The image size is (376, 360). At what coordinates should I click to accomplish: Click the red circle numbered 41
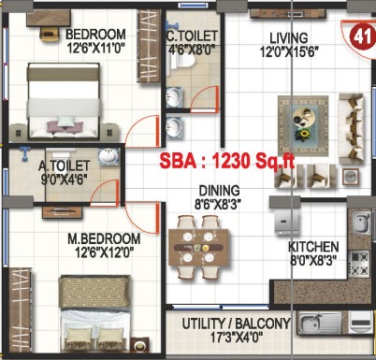(x=362, y=36)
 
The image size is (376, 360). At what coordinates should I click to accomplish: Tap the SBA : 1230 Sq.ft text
(x=227, y=161)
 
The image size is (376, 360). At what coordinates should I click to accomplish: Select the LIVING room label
(x=289, y=38)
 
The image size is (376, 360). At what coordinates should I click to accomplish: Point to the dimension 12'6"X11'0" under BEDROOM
(x=96, y=48)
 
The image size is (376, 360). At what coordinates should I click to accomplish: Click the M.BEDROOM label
(x=104, y=238)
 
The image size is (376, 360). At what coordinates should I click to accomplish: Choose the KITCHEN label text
(x=313, y=247)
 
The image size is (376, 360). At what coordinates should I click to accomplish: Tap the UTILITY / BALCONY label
(x=236, y=324)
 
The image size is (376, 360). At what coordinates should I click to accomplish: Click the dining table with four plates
(x=198, y=248)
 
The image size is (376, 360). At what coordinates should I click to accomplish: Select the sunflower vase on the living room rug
(x=302, y=135)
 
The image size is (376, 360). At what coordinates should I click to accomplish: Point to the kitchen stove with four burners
(x=360, y=264)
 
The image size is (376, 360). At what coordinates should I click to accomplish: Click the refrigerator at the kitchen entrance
(x=287, y=222)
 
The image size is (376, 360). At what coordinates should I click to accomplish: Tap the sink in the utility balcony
(x=320, y=323)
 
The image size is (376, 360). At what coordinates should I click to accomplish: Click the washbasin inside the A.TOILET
(x=108, y=156)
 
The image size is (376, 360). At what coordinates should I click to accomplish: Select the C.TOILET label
(x=192, y=36)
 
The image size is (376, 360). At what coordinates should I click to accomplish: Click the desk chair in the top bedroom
(x=49, y=34)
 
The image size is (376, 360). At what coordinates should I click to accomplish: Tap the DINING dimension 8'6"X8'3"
(x=218, y=205)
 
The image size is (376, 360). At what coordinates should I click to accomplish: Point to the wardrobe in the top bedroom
(x=149, y=46)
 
